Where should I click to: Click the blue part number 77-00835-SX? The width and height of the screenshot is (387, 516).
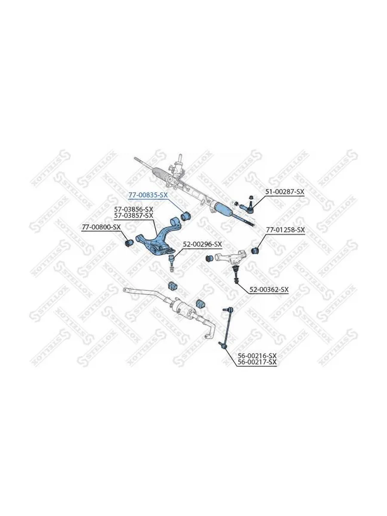click(x=148, y=195)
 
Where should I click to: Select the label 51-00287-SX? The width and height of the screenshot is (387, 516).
click(x=285, y=192)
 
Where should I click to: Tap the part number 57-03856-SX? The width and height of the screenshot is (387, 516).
click(x=133, y=209)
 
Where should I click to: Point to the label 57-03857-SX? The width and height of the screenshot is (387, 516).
click(x=133, y=215)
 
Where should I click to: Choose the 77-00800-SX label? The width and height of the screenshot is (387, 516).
click(x=101, y=227)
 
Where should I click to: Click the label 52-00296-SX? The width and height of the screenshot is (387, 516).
click(x=202, y=244)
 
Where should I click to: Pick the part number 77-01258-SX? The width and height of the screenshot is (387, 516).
click(x=286, y=230)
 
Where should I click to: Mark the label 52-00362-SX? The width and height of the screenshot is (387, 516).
click(x=269, y=290)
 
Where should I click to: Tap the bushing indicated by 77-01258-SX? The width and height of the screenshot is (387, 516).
click(x=255, y=251)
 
